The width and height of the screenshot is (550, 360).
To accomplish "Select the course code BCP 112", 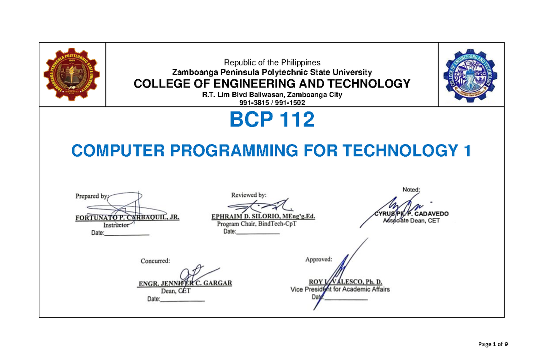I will click(271, 120).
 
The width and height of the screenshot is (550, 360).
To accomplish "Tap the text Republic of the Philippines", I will click(272, 62).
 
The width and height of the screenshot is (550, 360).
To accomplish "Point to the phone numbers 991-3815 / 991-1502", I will click(272, 103).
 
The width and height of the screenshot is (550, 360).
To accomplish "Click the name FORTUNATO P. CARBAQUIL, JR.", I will click(127, 218).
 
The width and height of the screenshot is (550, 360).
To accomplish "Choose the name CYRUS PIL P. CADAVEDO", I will click(412, 214).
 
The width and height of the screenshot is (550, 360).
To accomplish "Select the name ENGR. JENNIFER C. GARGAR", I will click(185, 283).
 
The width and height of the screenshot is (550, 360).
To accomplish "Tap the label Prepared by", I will click(91, 196).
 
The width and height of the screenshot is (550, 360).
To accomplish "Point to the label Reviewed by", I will click(248, 194).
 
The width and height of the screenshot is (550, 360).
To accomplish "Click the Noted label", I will click(414, 189).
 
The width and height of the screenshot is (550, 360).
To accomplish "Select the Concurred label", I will click(155, 261).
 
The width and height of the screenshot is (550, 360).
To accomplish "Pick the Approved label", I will click(319, 260).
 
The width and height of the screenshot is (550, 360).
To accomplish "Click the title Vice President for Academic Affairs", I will click(340, 289).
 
